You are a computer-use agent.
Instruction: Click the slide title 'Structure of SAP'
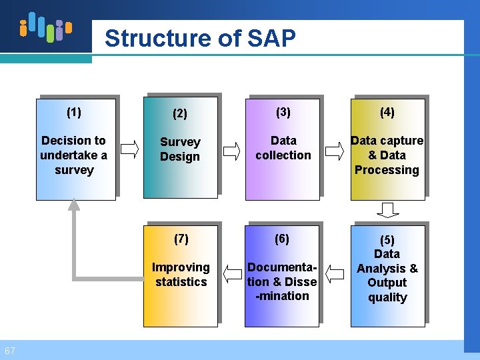coord(200,39)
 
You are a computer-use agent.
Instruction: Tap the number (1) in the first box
coord(74,112)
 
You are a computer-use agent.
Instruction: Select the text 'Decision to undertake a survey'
coord(73,155)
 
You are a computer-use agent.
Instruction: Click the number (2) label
coord(180,113)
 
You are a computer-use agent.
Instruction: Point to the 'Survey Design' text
coord(180,149)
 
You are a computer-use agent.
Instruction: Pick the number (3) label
coord(283,112)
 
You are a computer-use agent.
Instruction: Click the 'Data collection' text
coord(283,148)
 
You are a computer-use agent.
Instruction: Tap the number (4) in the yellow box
coord(387,112)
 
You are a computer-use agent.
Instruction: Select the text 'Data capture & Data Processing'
coord(387,155)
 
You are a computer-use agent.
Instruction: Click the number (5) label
coord(387,240)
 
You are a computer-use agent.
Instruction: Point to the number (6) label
coord(283,239)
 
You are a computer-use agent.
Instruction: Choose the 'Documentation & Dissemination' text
coord(282,281)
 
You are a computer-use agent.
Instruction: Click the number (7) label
coord(181,239)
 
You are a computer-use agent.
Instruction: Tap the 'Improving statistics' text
coord(181,275)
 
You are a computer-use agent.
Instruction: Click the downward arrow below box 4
coord(387,210)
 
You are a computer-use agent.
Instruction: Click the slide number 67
coord(9,351)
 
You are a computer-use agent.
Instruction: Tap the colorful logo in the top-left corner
coord(45,27)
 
